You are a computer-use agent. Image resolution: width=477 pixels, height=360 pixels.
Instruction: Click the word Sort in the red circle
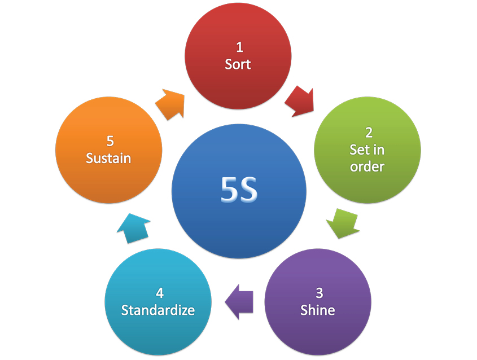pos(238,64)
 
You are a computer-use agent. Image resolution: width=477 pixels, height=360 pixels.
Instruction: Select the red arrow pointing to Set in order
pos(299,100)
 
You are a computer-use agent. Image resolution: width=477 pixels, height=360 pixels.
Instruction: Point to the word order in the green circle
pos(367,167)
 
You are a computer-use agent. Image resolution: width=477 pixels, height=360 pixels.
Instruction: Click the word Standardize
pos(158,310)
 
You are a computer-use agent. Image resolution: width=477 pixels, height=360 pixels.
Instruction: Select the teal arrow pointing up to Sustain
pos(134,228)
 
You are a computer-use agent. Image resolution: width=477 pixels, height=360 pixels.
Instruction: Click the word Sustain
pos(108,159)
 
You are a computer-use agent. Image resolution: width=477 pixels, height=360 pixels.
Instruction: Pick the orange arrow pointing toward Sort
pos(170,103)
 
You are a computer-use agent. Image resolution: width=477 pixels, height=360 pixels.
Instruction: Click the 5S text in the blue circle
pos(239,191)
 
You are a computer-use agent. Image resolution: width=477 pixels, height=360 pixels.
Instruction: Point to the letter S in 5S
pos(249,191)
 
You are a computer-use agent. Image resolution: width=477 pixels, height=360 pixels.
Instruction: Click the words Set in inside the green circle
pos(367,150)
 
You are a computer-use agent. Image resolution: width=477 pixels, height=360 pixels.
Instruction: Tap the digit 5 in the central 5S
pos(229,191)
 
